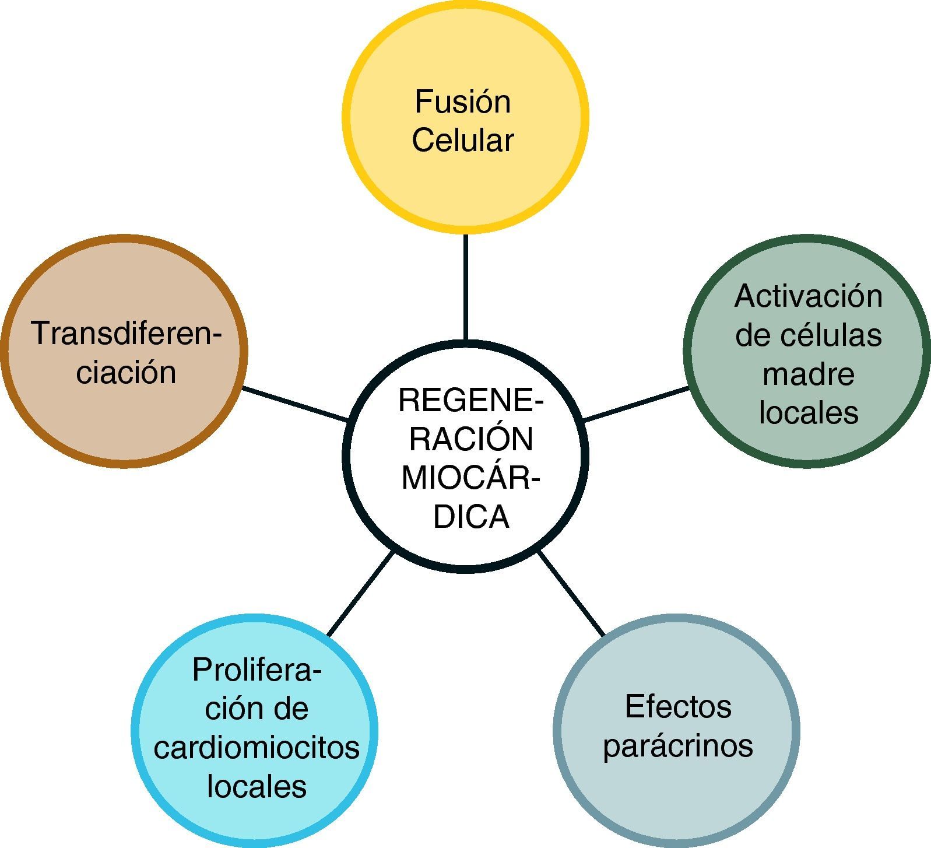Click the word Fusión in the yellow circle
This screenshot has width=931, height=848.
[462, 102]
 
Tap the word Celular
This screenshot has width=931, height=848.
[463, 141]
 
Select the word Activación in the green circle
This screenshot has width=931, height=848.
[808, 296]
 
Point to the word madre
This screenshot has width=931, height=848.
[808, 374]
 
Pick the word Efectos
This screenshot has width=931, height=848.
[678, 707]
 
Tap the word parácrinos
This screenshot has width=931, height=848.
[678, 746]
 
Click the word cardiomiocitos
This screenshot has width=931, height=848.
[257, 748]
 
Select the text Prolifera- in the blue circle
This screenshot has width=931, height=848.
[257, 671]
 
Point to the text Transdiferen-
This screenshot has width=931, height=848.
[127, 334]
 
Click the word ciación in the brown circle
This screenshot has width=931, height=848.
[126, 372]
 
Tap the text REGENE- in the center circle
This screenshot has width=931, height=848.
[470, 401]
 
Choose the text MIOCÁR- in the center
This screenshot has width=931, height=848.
[470, 478]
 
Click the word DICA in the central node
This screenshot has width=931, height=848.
[471, 517]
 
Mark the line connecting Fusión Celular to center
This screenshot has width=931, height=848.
[465, 287]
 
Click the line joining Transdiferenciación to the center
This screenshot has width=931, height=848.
[295, 404]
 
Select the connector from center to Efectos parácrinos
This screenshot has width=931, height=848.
[571, 593]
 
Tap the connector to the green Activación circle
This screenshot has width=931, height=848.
[636, 404]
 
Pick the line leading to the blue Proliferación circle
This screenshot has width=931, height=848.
[361, 593]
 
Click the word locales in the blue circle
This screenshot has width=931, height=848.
[257, 786]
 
